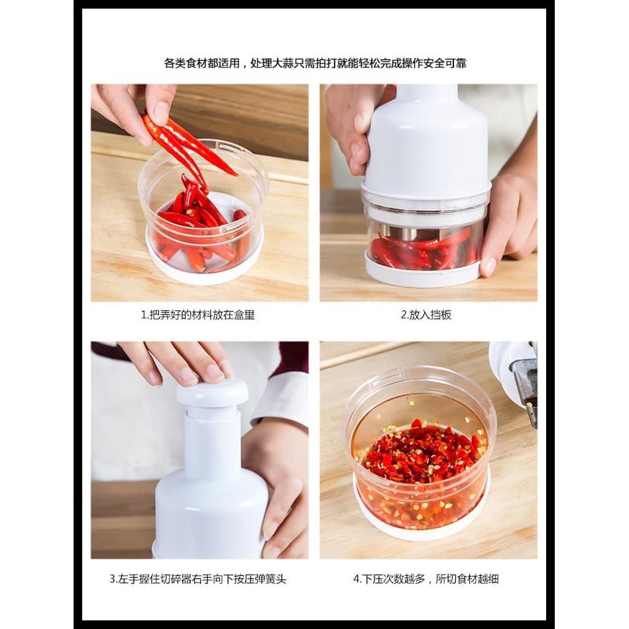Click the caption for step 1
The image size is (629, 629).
(x=198, y=315)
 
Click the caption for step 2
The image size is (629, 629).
(x=426, y=315)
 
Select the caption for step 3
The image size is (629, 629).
(x=198, y=579)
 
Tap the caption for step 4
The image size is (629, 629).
(x=426, y=579)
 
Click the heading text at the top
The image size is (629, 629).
(x=315, y=63)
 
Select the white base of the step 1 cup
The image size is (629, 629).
(x=205, y=266)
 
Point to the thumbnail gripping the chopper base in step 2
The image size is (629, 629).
(x=488, y=266)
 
